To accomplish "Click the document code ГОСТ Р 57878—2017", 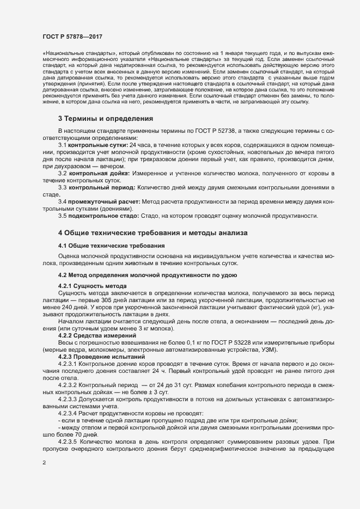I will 72,37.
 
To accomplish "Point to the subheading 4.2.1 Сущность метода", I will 92,286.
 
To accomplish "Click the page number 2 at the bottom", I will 44,463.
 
